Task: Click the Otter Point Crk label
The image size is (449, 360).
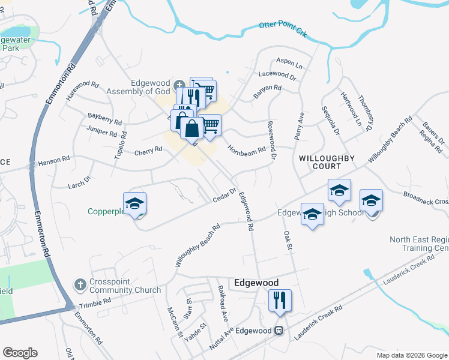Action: tap(283, 29)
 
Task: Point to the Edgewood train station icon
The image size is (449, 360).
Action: tap(279, 331)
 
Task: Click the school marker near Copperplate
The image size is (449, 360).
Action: tap(135, 203)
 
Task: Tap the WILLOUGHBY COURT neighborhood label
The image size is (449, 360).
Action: tap(327, 162)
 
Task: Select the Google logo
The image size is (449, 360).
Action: tap(20, 353)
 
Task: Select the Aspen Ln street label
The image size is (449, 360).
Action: tap(289, 63)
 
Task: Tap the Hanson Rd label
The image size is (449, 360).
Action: tap(54, 161)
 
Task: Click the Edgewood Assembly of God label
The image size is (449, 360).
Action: tap(137, 88)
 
